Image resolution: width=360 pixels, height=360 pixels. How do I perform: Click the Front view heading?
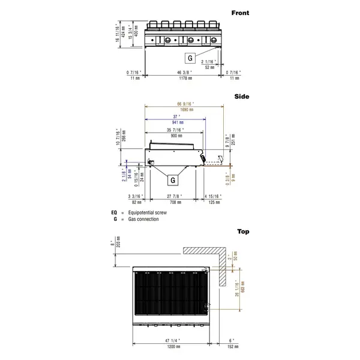click(x=241, y=12)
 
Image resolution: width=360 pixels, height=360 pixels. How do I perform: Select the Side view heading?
click(x=242, y=96)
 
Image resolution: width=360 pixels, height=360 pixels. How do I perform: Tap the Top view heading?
click(x=243, y=231)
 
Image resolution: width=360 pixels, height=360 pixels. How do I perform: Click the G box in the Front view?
click(x=190, y=58)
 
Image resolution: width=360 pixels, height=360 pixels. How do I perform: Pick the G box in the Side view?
click(x=172, y=179)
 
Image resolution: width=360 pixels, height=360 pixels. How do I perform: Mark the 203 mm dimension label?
click(x=118, y=245)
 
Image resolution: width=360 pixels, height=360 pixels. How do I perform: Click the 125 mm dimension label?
click(x=215, y=202)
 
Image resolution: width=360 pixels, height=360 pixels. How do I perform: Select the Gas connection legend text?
click(x=143, y=220)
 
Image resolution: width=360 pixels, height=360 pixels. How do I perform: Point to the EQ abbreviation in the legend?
click(x=114, y=212)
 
